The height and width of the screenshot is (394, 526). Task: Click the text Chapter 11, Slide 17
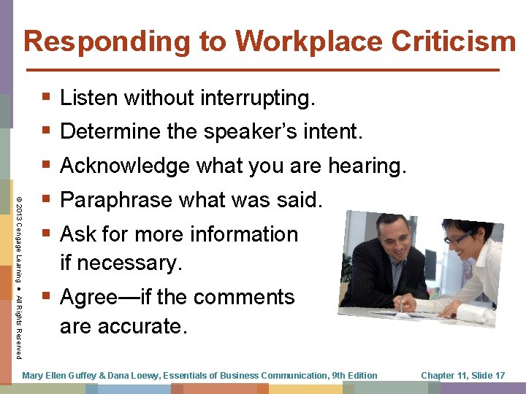click(463, 375)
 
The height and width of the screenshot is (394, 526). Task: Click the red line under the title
click(262, 70)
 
